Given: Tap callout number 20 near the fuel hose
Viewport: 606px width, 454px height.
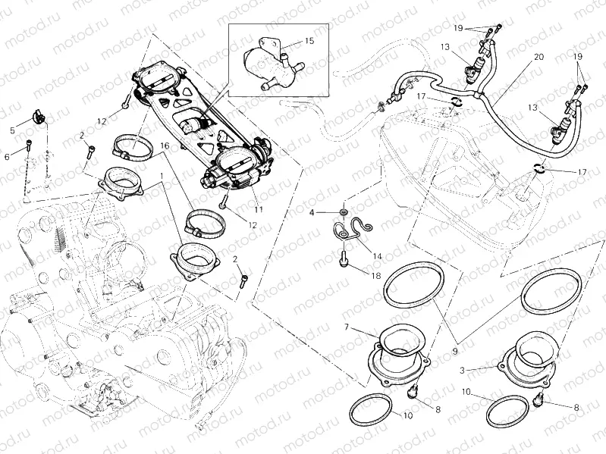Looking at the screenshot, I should pyautogui.click(x=538, y=57).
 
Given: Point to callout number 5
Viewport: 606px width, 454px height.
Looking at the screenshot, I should pyautogui.click(x=12, y=130).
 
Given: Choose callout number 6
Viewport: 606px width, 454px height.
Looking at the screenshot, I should pyautogui.click(x=8, y=156).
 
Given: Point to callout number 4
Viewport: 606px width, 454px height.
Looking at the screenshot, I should pyautogui.click(x=312, y=213).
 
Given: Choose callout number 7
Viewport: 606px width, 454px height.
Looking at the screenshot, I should pyautogui.click(x=346, y=327).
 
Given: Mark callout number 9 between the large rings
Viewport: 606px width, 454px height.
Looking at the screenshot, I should pyautogui.click(x=453, y=330).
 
